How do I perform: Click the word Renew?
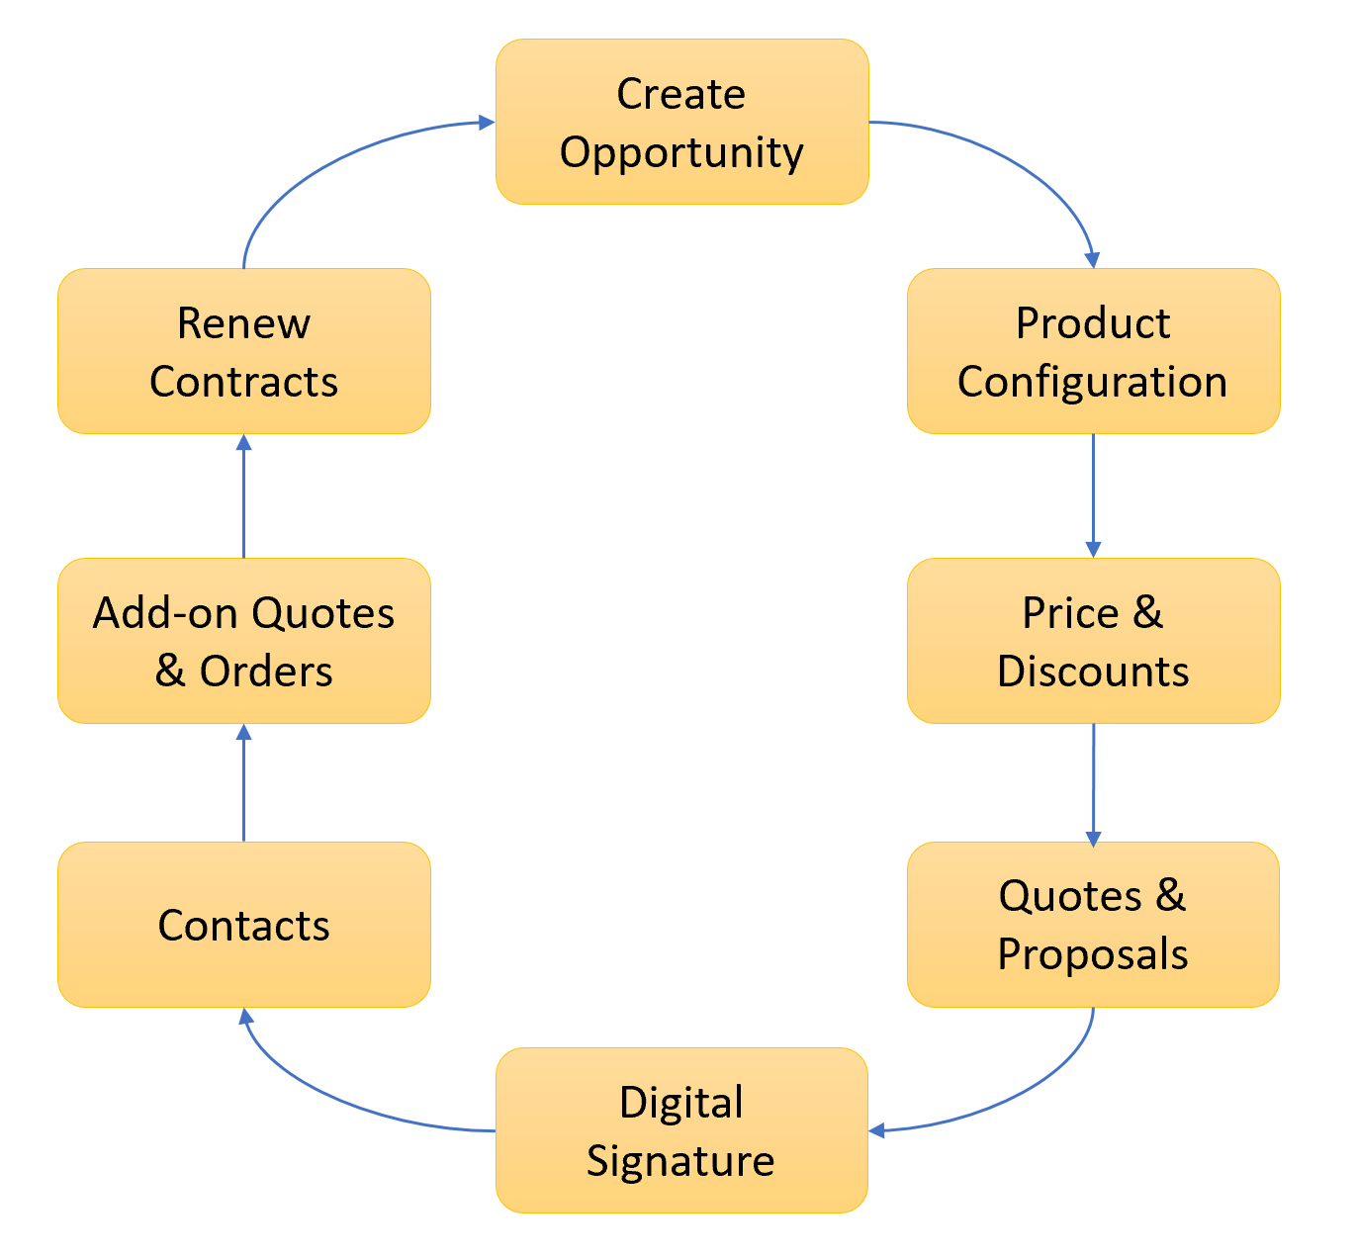tap(243, 323)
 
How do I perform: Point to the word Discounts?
tap(1093, 672)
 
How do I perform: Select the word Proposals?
tap(1093, 954)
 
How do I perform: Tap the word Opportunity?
tap(681, 152)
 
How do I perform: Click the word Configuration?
tap(1093, 382)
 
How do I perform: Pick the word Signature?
tap(681, 1160)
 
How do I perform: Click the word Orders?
tap(266, 672)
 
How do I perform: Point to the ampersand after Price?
tap(1147, 613)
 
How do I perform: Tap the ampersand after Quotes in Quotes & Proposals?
tap(1170, 896)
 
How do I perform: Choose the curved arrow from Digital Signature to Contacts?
tap(326, 1098)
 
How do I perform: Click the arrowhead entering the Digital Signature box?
tap(876, 1130)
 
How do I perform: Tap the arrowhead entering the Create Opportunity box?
tap(487, 122)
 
